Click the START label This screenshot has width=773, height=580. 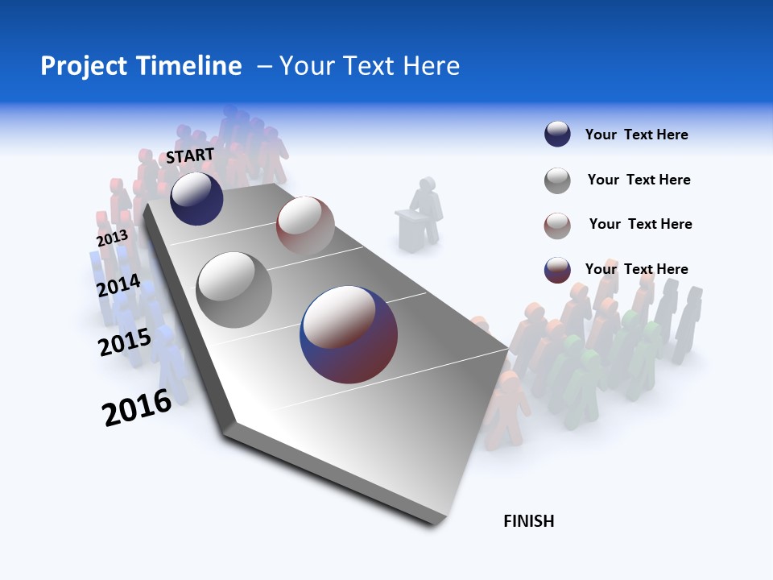pyautogui.click(x=190, y=155)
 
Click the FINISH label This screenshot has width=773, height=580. pyautogui.click(x=528, y=521)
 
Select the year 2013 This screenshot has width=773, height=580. pyautogui.click(x=112, y=238)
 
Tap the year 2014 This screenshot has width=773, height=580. pyautogui.click(x=118, y=286)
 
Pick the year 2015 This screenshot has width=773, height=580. pyautogui.click(x=125, y=342)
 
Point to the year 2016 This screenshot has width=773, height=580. pyautogui.click(x=137, y=408)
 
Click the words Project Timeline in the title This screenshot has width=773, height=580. pyautogui.click(x=141, y=66)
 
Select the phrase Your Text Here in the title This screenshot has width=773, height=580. pyautogui.click(x=370, y=66)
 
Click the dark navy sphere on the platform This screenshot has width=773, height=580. pyautogui.click(x=196, y=198)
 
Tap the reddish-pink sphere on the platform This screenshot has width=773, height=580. pyautogui.click(x=305, y=225)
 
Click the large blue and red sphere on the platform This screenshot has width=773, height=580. pyautogui.click(x=349, y=334)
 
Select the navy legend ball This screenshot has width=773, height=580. pyautogui.click(x=557, y=135)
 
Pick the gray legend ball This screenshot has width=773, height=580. pyautogui.click(x=557, y=180)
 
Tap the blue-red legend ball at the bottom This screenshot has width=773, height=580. pyautogui.click(x=557, y=270)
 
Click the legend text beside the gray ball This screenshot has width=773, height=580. pyautogui.click(x=639, y=180)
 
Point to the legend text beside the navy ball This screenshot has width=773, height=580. pyautogui.click(x=636, y=135)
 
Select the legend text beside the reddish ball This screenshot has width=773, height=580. pyautogui.click(x=640, y=224)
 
